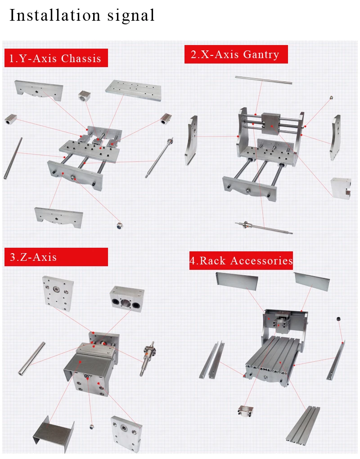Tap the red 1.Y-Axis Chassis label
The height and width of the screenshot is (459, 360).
coord(56,58)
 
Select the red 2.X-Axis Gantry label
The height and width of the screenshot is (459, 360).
coord(235,55)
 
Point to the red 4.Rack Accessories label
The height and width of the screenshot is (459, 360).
coord(241,260)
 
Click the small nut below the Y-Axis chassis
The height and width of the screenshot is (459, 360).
coord(120,225)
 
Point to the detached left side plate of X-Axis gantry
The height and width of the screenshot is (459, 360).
coord(191,140)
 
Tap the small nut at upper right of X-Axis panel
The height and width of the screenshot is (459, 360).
coord(331,97)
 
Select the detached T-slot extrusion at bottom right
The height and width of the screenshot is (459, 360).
coord(303,424)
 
